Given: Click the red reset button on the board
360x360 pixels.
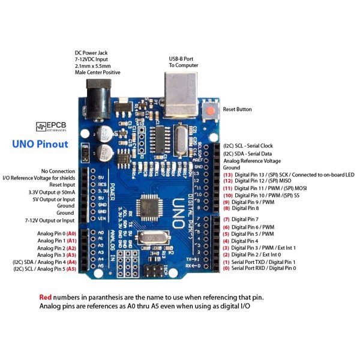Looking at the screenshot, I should tap(211, 110).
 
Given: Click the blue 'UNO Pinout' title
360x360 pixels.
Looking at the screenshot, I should tap(40, 144).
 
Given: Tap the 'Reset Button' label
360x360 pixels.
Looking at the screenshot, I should tap(237, 110).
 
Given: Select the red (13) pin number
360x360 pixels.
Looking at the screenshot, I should tap(227, 175).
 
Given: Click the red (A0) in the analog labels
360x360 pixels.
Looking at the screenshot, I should tap(71, 233).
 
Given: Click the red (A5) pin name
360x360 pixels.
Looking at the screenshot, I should tap(71, 269).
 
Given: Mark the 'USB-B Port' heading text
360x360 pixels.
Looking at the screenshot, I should tap(184, 58).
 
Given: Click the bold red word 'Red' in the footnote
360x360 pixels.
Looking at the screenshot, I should tap(46, 297).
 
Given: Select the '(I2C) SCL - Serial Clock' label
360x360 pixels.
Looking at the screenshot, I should tap(248, 146).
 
